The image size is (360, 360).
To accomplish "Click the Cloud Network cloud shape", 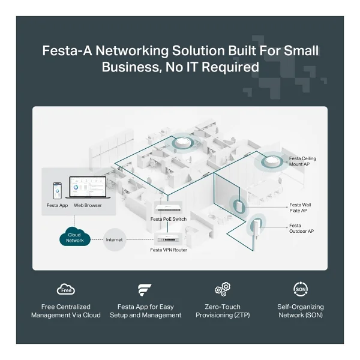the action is click(74, 236).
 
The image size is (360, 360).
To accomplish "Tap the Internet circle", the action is click(115, 239).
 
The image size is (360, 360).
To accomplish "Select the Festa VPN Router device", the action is click(167, 239).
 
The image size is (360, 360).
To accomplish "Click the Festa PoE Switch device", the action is click(169, 208).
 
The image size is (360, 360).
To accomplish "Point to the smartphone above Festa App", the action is click(57, 191).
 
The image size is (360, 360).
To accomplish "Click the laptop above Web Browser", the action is click(88, 187).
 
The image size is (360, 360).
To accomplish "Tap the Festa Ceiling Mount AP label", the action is click(302, 161).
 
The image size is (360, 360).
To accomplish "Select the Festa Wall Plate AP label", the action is click(300, 208).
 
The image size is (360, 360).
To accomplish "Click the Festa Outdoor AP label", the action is click(301, 228).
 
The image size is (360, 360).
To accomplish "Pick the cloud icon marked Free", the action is click(66, 289).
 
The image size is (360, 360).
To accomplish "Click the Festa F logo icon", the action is click(145, 290).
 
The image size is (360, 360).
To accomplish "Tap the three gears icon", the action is click(223, 289).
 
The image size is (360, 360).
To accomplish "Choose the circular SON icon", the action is click(301, 289).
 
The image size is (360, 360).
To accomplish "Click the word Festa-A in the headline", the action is click(67, 50).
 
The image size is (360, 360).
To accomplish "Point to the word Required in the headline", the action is click(230, 67).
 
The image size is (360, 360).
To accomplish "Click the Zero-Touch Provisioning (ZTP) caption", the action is click(223, 311).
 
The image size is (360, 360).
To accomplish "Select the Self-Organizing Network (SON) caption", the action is click(301, 311).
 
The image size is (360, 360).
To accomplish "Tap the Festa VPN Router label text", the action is click(169, 250).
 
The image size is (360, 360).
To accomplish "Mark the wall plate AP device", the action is click(238, 206).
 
